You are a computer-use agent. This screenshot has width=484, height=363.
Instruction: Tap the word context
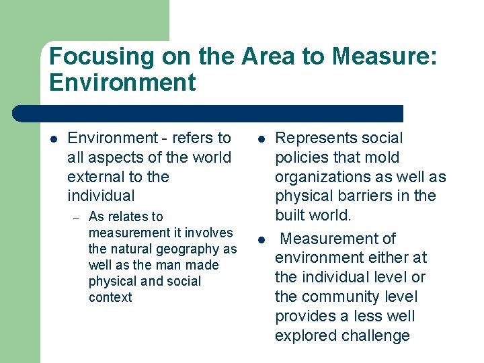110,297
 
